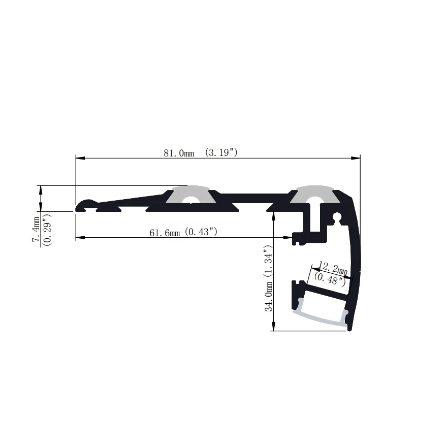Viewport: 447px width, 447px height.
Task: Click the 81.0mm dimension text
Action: tap(179, 153)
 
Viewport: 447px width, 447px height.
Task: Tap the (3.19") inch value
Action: tap(221, 152)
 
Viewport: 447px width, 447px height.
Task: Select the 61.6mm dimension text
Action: tap(165, 233)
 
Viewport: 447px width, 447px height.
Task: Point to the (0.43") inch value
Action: tap(201, 232)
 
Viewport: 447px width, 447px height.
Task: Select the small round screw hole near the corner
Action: tap(336, 218)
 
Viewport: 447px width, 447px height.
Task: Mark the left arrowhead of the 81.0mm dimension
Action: tap(79, 158)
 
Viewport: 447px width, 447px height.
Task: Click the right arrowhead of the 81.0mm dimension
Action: tap(357, 158)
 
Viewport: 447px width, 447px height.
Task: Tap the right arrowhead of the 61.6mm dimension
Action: tap(289, 237)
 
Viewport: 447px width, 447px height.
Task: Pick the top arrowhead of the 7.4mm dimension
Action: tap(41, 188)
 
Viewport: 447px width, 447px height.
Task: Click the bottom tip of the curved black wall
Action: tap(350, 329)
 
